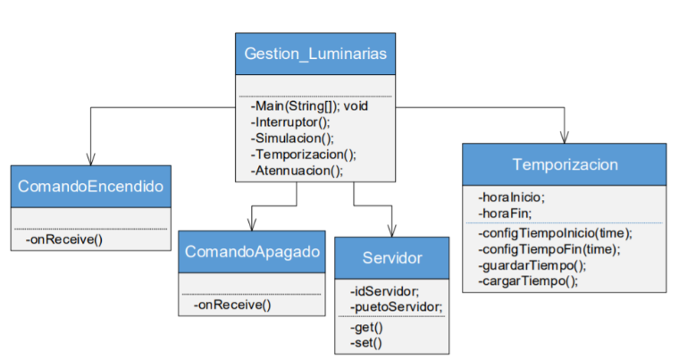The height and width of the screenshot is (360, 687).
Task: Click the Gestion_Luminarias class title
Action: coord(315,54)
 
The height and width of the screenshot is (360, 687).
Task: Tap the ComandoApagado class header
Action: coord(252,252)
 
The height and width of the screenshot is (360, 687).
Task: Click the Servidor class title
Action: coord(391,258)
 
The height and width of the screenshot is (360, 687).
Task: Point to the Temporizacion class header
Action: coord(565,165)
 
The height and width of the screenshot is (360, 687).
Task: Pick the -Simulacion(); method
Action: coord(292,138)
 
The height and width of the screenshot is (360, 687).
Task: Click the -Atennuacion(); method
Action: coord(297,171)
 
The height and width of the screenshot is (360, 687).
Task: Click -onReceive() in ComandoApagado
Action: coord(232,305)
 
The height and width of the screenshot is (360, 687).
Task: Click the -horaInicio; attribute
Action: coord(511,197)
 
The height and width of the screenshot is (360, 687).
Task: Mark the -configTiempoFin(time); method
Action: coord(549,248)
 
